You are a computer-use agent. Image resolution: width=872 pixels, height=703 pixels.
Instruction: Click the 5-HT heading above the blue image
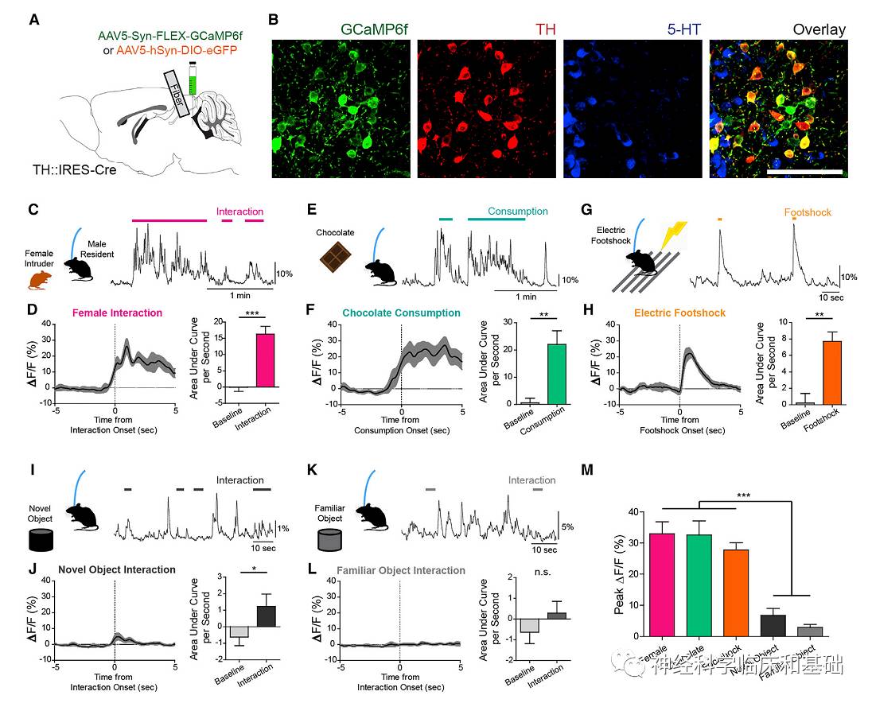point(632,29)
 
